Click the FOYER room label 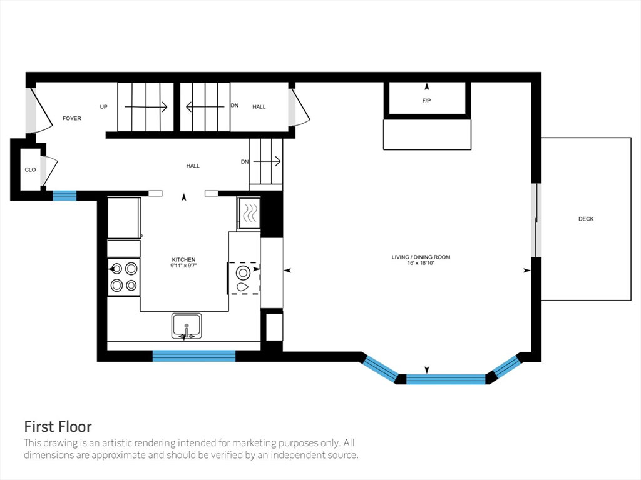[72, 118]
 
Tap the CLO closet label [30, 170]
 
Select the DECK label [586, 219]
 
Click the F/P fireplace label [426, 101]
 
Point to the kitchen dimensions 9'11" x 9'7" [183, 266]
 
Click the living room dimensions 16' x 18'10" [421, 263]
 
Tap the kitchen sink [187, 326]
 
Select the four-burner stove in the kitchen [124, 277]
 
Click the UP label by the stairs [104, 107]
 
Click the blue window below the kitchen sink [194, 356]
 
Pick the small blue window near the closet [64, 196]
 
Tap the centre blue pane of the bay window [446, 379]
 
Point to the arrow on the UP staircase [146, 107]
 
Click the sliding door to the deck [536, 221]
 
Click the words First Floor [58, 427]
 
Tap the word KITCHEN [183, 259]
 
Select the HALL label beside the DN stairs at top [259, 107]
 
